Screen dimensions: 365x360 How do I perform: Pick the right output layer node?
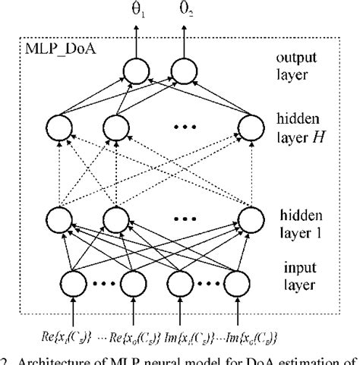[184, 72]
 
